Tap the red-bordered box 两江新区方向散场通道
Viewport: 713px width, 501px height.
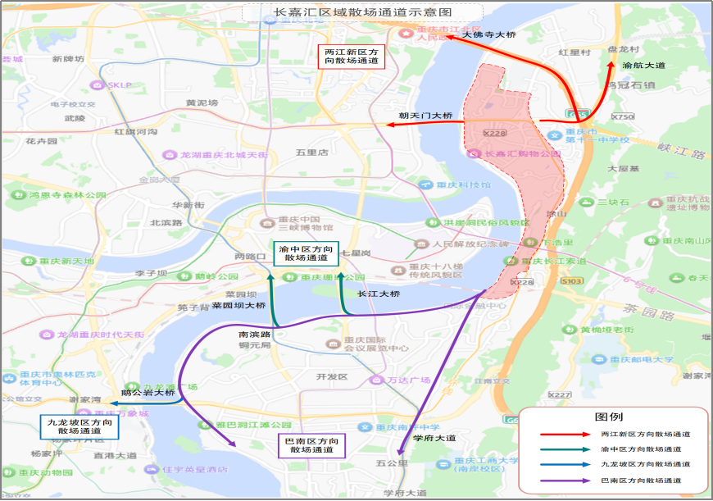(351, 56)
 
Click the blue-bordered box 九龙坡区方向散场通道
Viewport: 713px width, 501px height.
(74, 426)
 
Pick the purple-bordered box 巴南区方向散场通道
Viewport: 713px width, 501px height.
(311, 445)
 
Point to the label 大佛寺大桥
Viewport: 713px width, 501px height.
(489, 35)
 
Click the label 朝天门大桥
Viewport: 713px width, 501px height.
(425, 116)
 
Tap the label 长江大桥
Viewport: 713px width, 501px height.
(379, 293)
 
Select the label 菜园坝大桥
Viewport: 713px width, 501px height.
(238, 305)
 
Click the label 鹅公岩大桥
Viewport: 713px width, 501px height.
(148, 393)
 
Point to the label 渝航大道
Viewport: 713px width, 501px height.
(643, 65)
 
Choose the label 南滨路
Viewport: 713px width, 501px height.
(253, 335)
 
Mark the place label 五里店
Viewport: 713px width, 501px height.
(311, 153)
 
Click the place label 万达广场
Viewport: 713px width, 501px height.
(410, 380)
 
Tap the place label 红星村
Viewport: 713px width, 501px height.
(574, 52)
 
